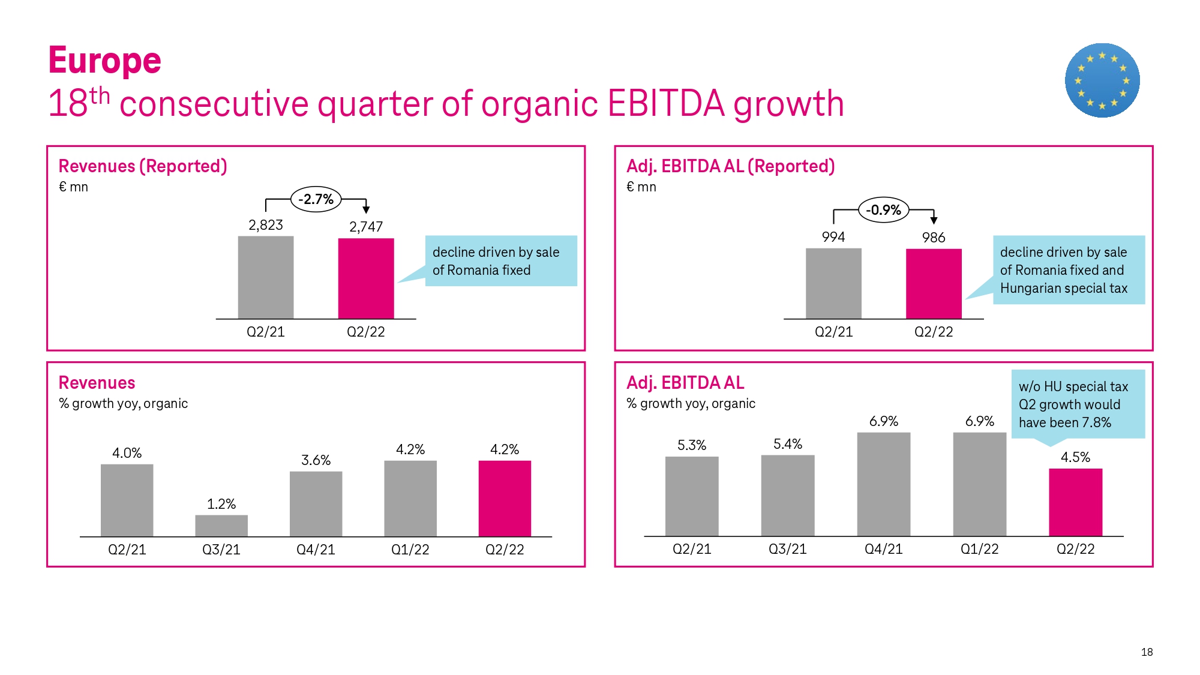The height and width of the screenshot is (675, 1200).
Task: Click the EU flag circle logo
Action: point(1102,80)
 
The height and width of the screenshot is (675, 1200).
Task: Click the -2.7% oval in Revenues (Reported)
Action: point(316,199)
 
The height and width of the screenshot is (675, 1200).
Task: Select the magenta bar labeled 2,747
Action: point(366,278)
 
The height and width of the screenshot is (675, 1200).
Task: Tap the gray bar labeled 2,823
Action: point(266,277)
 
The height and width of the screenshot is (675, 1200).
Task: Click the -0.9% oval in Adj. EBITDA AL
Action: point(884,210)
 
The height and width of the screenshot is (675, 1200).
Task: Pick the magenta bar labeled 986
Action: point(934,283)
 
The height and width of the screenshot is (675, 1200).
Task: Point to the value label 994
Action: point(833,237)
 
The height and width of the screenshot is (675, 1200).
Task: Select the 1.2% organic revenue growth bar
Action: point(221,526)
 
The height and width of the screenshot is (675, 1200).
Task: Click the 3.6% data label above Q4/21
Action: point(316,460)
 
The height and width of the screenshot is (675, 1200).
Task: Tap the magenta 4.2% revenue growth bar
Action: point(505,498)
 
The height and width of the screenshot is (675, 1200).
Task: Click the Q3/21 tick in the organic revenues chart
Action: point(221,550)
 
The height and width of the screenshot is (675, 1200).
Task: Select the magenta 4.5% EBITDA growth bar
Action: point(1075,502)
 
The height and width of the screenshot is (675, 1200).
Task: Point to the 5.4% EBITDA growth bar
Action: point(788,496)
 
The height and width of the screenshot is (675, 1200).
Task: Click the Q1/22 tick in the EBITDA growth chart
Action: point(979,549)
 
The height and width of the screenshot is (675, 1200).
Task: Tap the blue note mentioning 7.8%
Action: point(1078,404)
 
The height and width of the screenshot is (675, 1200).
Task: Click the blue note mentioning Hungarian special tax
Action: point(1069,270)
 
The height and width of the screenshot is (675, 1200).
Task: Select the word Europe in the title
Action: point(105,61)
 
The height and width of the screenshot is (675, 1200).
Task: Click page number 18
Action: point(1147,652)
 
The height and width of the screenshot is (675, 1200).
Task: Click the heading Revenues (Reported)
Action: point(143,166)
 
